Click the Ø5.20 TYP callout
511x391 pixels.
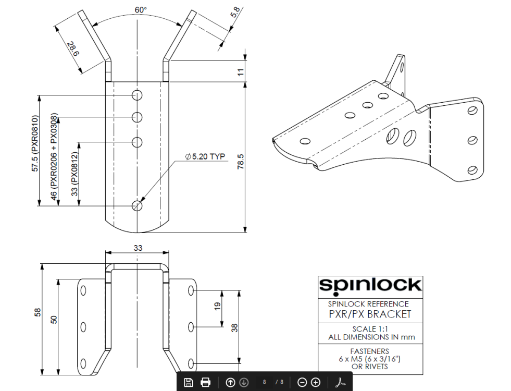[x=205, y=157]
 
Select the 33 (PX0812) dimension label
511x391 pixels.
[x=74, y=174]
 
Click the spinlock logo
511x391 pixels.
[x=370, y=285]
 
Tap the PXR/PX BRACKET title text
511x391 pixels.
[x=370, y=314]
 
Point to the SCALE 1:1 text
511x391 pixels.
[x=370, y=329]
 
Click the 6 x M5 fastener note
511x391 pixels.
[x=370, y=359]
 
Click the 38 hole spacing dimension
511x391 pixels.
[x=235, y=327]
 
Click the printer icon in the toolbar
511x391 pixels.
[x=206, y=382]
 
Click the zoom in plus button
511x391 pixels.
[x=316, y=382]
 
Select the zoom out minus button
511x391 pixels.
[x=302, y=382]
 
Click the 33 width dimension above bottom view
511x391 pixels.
[x=138, y=248]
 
